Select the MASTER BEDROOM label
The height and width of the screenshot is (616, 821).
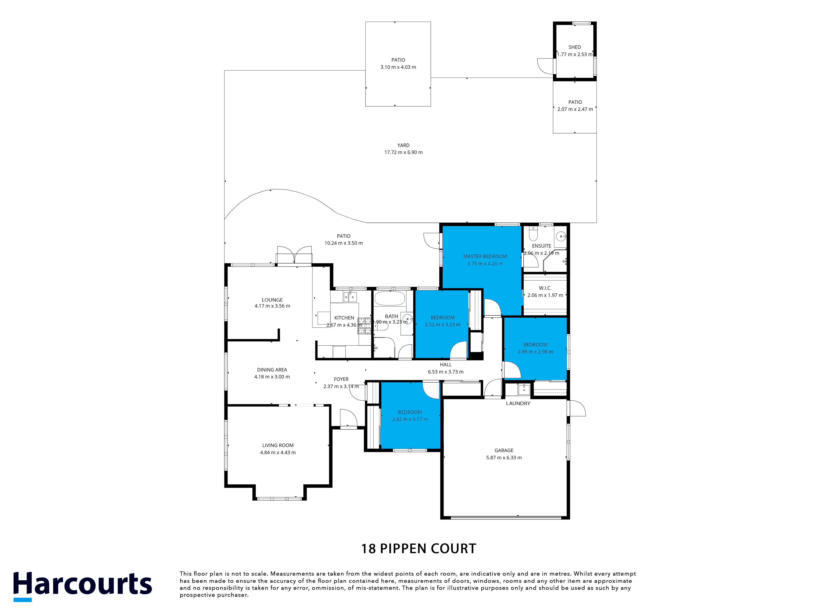[485, 256]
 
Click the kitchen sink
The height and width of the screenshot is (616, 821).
[350, 297]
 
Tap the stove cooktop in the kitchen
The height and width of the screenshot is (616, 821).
[364, 326]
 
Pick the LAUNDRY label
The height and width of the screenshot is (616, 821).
[518, 403]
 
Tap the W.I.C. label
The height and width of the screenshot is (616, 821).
[545, 288]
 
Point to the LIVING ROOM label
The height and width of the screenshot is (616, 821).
[278, 445]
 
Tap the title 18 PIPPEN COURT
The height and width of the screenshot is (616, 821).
[419, 549]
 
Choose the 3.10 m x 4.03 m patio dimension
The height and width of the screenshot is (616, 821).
[398, 67]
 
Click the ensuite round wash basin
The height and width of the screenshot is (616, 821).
[561, 235]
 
